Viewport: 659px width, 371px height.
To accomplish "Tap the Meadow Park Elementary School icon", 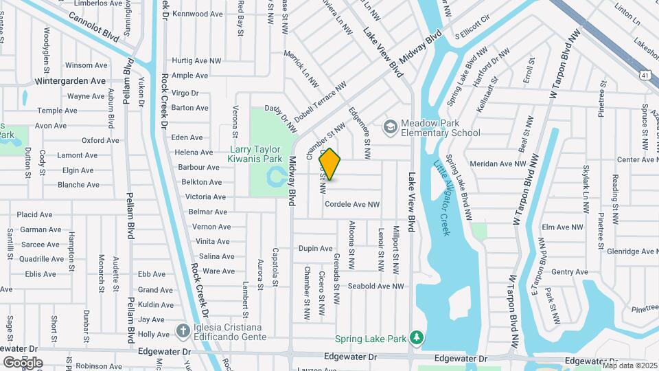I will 391,126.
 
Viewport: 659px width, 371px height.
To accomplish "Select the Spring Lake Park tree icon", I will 416,337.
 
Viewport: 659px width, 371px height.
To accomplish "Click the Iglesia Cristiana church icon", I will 183,331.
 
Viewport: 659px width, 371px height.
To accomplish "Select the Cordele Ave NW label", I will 352,204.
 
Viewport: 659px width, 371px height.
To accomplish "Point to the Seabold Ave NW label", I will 375,286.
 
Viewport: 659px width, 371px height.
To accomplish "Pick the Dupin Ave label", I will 316,248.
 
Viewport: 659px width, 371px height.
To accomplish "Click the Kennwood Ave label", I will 198,14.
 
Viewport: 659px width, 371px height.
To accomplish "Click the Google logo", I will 23,362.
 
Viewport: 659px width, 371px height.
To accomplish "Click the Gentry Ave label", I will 570,272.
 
